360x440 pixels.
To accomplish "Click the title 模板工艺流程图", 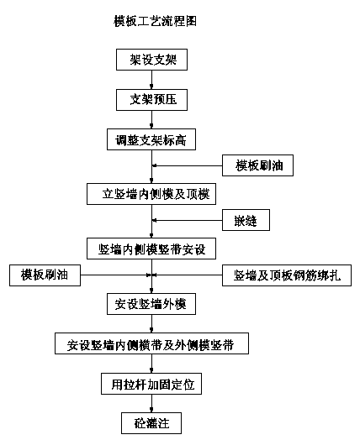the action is click(x=155, y=21).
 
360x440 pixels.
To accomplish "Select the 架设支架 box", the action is click(x=151, y=60).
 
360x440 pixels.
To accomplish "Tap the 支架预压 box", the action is click(x=151, y=100).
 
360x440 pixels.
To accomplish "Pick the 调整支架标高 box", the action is click(x=151, y=139).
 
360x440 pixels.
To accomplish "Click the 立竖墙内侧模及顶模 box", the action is click(x=151, y=194).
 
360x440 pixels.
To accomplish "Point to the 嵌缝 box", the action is click(x=246, y=220).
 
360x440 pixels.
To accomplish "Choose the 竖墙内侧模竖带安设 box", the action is click(x=151, y=249).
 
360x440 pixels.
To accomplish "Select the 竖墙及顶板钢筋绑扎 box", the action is click(x=287, y=275).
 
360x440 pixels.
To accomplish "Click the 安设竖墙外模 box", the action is click(x=151, y=304).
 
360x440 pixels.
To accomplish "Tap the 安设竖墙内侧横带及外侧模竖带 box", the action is click(x=151, y=343).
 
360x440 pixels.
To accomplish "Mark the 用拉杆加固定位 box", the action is click(x=151, y=384).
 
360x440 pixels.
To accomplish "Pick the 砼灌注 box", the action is click(x=151, y=423).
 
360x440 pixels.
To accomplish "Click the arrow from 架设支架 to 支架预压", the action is click(x=151, y=80).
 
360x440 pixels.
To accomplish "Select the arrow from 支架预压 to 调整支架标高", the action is click(x=151, y=119).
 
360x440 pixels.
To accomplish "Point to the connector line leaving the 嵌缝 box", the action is click(x=188, y=220).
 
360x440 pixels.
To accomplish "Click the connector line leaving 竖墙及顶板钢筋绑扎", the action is click(x=188, y=275).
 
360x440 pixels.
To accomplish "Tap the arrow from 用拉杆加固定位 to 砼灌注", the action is click(x=151, y=403).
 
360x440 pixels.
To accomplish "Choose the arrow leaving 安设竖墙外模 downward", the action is click(x=151, y=323).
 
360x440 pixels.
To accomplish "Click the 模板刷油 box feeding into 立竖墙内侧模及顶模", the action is click(x=257, y=165).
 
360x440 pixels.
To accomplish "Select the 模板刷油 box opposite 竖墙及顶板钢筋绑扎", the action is click(x=45, y=275).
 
